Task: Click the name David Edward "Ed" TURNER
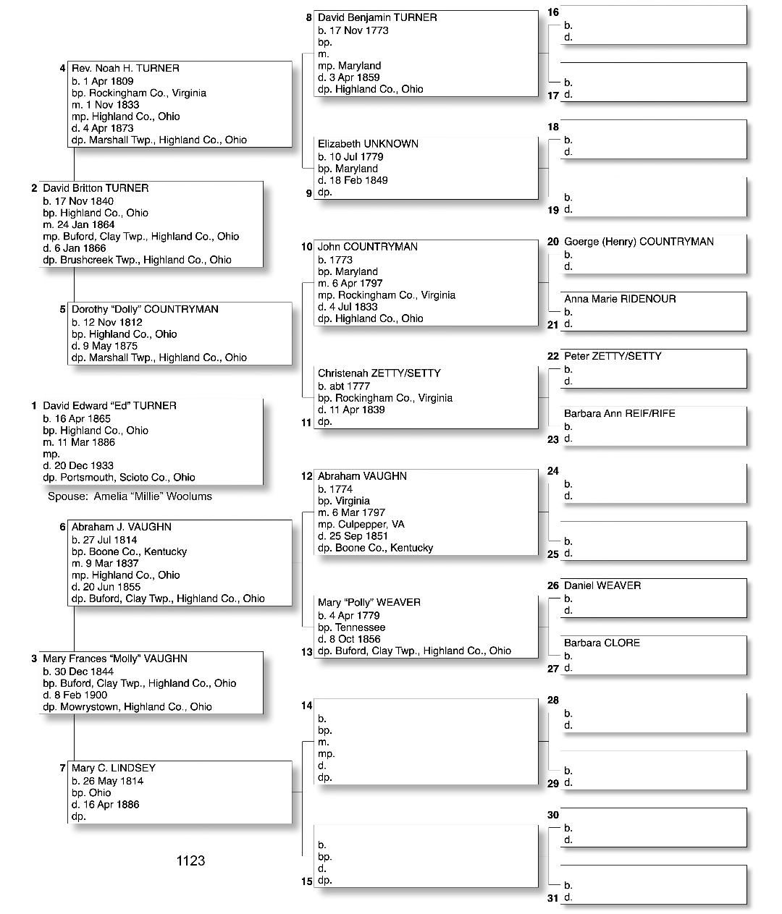[109, 406]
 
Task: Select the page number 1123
[190, 860]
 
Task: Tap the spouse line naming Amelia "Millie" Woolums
[130, 496]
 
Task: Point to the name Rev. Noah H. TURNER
[125, 68]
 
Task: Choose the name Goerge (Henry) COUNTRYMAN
[639, 242]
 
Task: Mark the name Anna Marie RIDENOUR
[620, 299]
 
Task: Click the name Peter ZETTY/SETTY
[613, 356]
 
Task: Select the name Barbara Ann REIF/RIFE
[619, 413]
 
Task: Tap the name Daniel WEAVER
[602, 585]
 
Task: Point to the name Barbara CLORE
[602, 643]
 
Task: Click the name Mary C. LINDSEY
[114, 768]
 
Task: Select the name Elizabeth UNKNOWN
[368, 144]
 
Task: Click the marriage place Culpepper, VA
[370, 524]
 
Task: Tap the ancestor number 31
[553, 898]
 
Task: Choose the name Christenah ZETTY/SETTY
[379, 373]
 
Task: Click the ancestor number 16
[553, 12]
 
